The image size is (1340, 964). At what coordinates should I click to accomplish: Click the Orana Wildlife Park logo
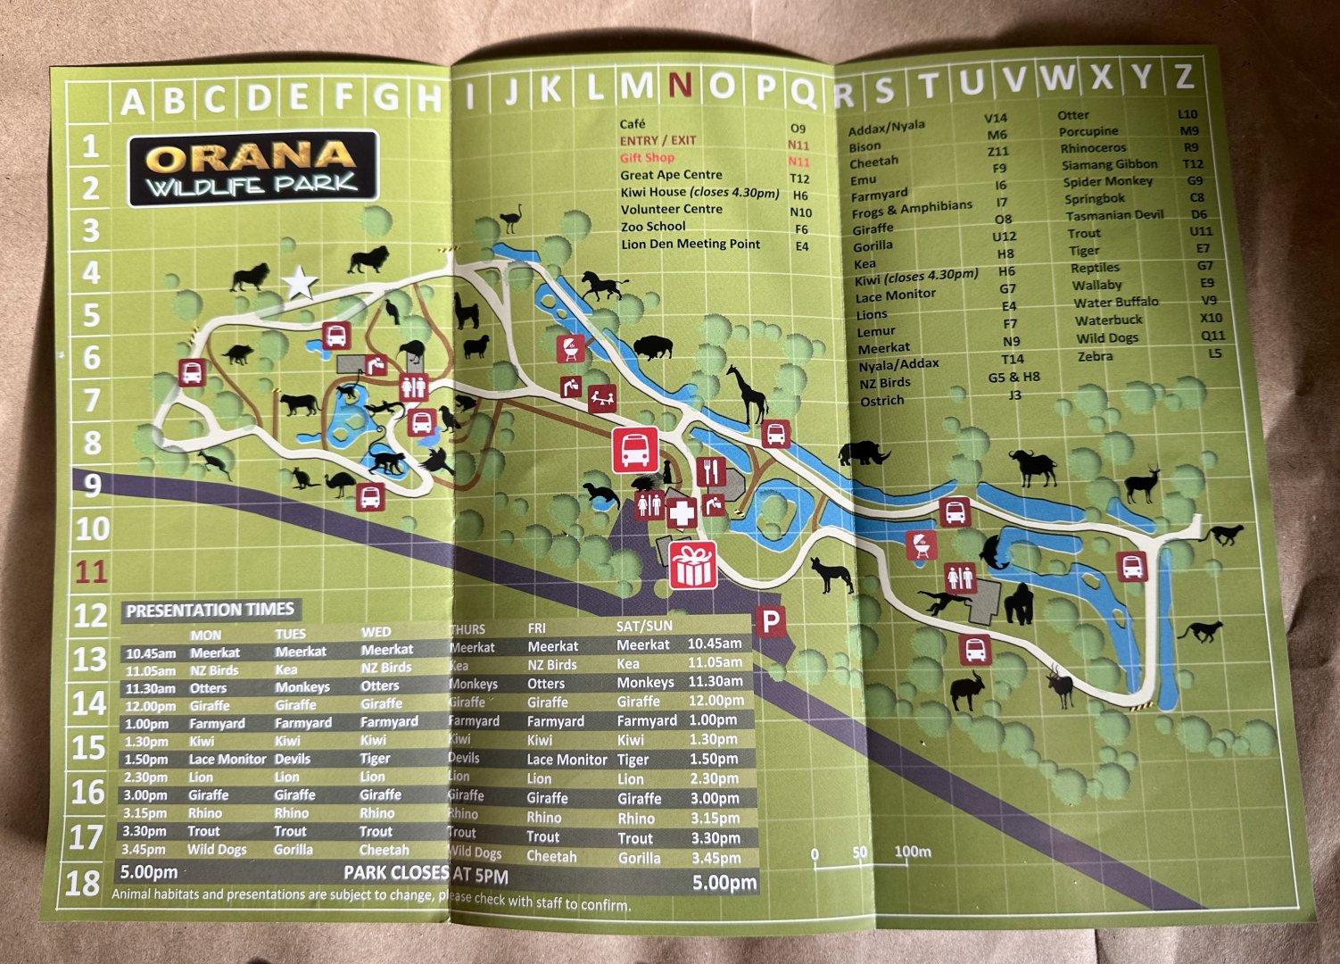[x=253, y=167]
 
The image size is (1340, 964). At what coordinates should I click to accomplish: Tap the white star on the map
[x=300, y=284]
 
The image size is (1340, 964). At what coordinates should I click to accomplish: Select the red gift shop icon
[x=693, y=565]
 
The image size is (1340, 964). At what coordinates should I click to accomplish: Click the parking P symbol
[x=769, y=620]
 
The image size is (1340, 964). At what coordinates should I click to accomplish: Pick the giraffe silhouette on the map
[x=745, y=394]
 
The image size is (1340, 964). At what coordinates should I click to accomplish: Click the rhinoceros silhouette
[x=864, y=453]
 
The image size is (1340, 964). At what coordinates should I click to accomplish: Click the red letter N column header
[x=680, y=86]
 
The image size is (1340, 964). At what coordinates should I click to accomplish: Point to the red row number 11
[x=90, y=571]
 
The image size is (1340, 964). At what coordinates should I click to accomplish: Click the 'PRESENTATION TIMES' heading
[x=210, y=611]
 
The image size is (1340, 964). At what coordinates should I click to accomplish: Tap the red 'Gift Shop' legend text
[x=647, y=158]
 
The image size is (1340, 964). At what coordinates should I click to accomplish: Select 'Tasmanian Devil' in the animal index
[x=1113, y=215]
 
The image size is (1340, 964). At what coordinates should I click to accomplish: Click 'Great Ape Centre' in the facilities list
[x=671, y=175]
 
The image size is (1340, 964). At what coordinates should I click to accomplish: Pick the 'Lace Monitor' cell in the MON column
[x=227, y=759]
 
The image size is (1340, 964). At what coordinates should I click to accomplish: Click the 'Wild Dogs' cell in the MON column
[x=217, y=849]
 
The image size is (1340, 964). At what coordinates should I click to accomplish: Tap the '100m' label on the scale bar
[x=913, y=852]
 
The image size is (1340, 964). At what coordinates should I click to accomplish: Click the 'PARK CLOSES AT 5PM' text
[x=426, y=873]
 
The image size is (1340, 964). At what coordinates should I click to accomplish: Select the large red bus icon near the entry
[x=634, y=450]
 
